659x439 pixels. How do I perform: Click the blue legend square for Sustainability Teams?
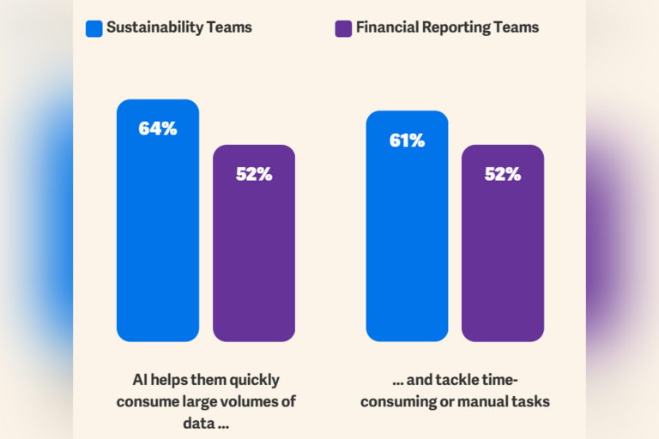tap(94, 27)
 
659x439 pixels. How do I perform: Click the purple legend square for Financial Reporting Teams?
tap(342, 27)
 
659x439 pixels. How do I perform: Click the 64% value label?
tap(158, 129)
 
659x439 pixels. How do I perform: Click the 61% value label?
tap(407, 141)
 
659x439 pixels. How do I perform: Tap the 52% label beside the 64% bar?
tap(254, 174)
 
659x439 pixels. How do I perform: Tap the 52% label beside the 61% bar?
tap(503, 174)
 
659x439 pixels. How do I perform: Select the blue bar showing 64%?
tap(158, 240)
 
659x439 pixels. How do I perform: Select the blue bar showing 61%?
tap(407, 249)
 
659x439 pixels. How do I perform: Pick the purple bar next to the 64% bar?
tap(254, 257)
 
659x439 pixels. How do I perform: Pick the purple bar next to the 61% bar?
tap(503, 257)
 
